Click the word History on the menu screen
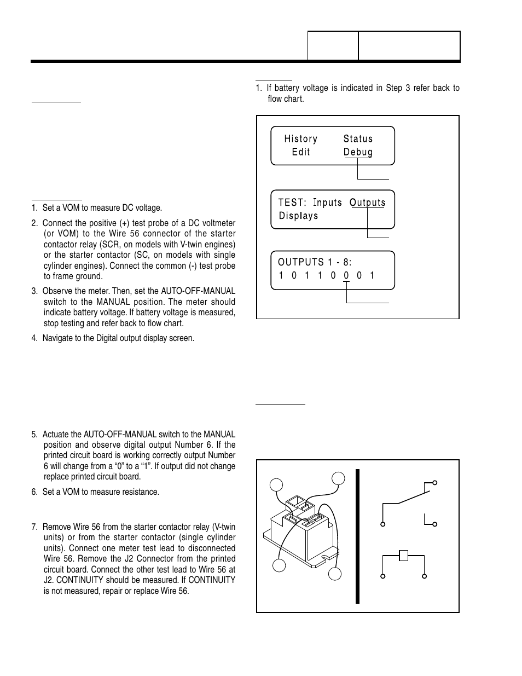(x=300, y=139)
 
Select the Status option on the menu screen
(x=358, y=139)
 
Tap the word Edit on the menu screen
(x=301, y=152)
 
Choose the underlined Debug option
(x=358, y=152)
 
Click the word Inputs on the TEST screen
(x=327, y=203)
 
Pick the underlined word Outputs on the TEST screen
(x=367, y=203)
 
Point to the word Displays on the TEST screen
(x=298, y=216)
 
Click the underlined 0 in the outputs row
(x=346, y=275)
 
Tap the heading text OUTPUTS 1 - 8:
(x=315, y=262)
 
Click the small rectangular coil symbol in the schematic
(x=404, y=556)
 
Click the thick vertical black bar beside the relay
(x=357, y=536)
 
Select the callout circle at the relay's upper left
(x=277, y=485)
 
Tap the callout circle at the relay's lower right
(x=335, y=574)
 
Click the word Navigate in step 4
(x=58, y=338)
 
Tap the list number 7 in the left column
(x=33, y=527)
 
